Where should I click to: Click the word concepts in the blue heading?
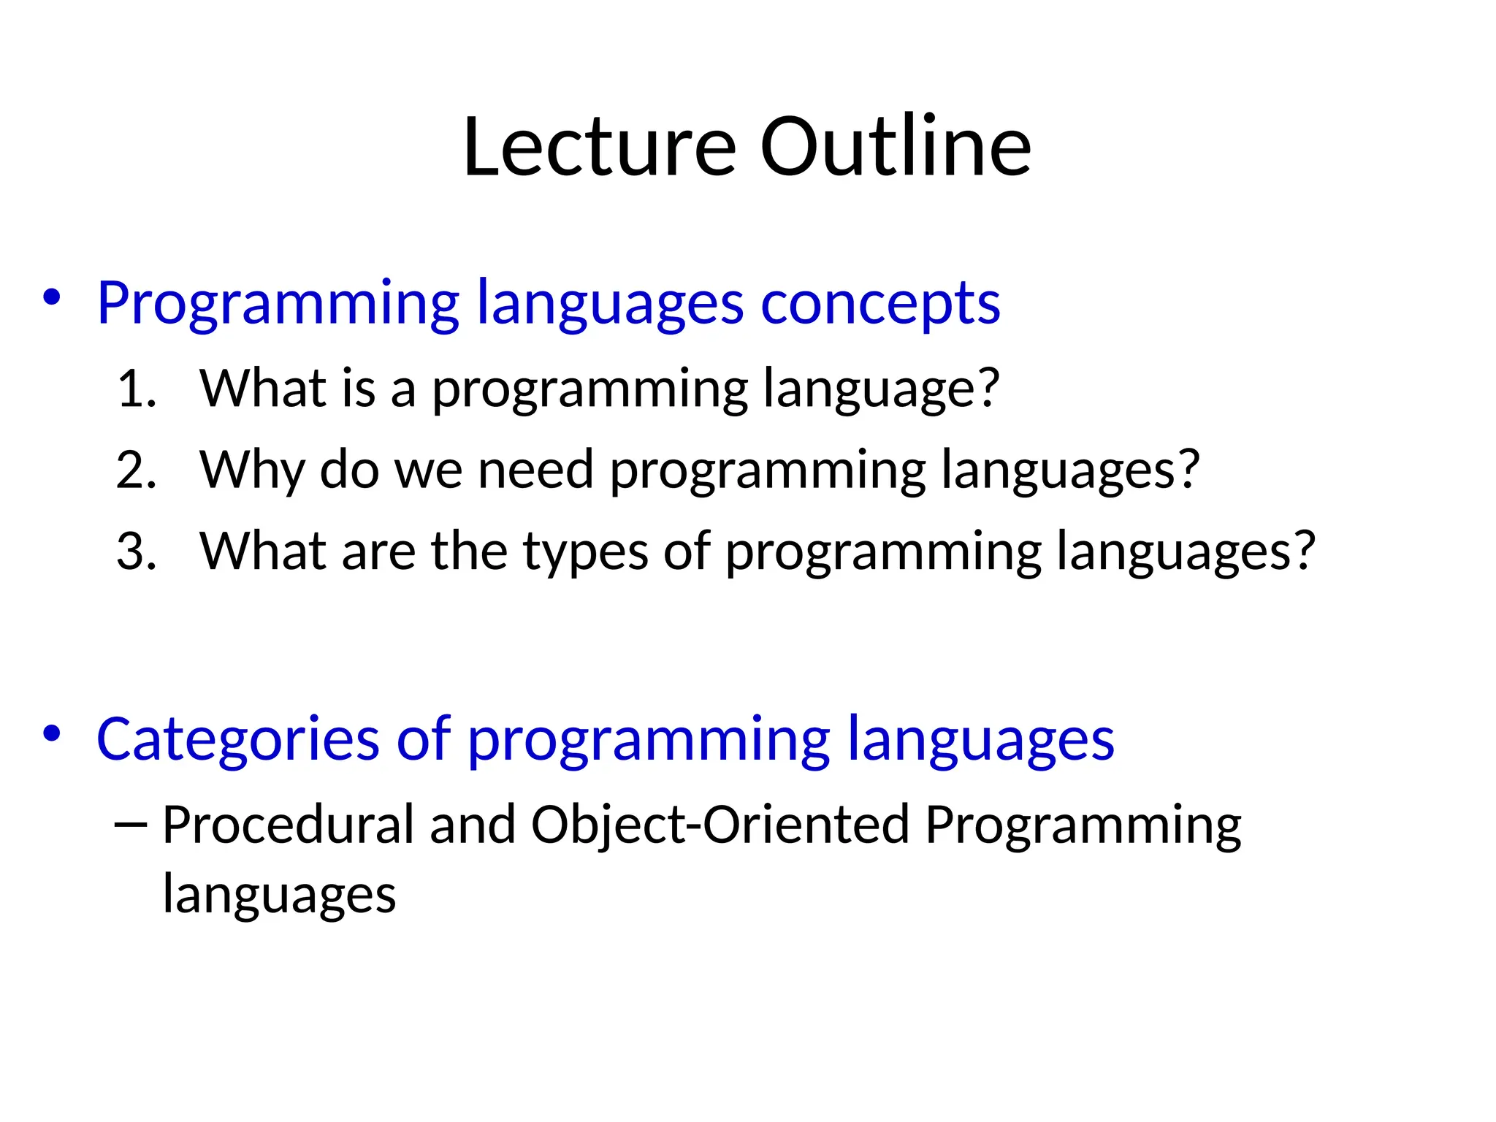click(880, 303)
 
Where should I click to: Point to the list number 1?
click(136, 389)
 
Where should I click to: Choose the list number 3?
click(136, 552)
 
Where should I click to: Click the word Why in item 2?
click(251, 471)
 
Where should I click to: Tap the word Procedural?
click(288, 825)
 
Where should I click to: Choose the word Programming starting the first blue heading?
click(278, 305)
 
